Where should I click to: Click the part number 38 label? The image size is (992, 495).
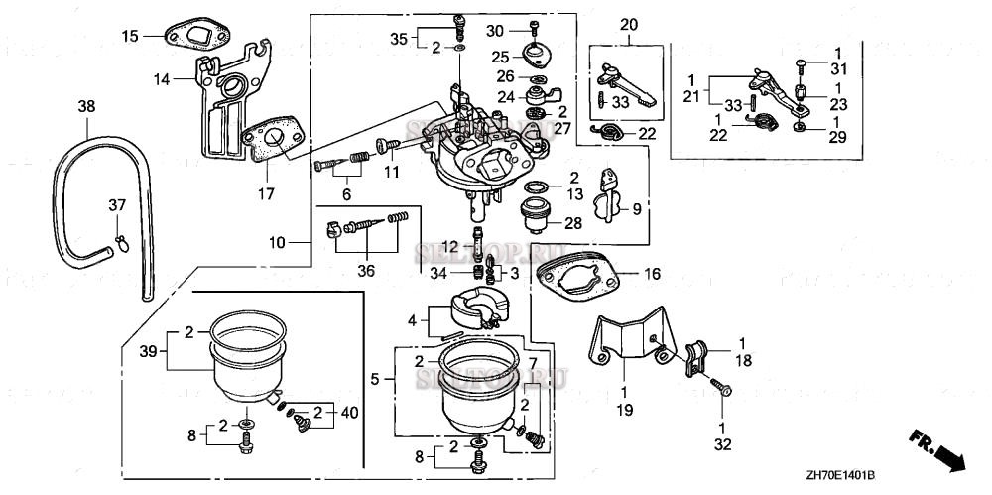[86, 106]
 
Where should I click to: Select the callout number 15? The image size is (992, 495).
[130, 37]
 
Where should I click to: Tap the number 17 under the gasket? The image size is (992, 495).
[266, 193]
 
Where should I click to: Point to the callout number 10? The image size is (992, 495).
[277, 241]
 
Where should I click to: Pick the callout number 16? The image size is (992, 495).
[652, 271]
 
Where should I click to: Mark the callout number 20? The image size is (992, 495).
[628, 24]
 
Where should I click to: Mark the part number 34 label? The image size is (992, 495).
[440, 272]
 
